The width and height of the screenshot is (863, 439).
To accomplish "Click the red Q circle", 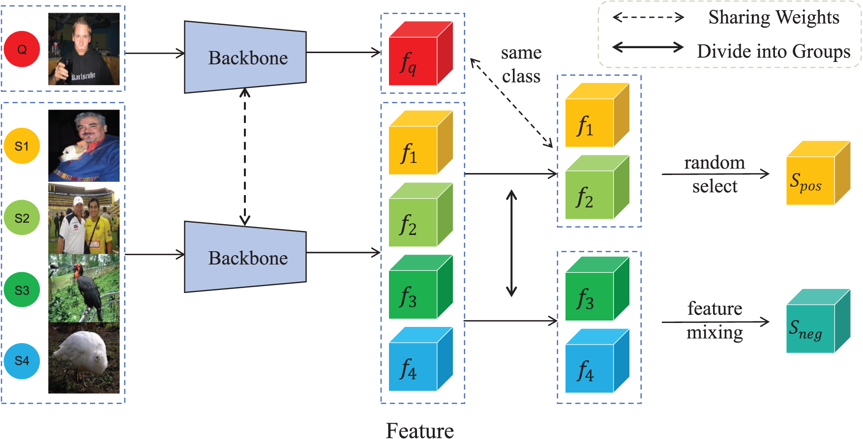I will click(22, 49).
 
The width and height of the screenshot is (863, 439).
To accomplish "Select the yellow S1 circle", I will click(22, 146).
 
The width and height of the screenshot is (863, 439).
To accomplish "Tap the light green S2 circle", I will click(22, 218).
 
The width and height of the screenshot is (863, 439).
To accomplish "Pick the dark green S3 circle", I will click(22, 290).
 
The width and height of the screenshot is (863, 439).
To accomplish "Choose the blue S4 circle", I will click(22, 361).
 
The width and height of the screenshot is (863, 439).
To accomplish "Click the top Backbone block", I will click(245, 58).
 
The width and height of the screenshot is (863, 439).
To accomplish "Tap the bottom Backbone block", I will click(245, 258).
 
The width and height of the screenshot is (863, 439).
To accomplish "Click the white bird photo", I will click(84, 358).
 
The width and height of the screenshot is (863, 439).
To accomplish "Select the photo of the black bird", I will click(84, 288).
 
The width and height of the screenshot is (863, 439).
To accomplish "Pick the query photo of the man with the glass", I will click(84, 49).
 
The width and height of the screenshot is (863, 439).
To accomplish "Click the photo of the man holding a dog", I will click(84, 146).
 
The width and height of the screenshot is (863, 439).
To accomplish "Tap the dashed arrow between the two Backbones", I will click(245, 156).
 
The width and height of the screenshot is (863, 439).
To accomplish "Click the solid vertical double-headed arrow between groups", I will click(511, 243).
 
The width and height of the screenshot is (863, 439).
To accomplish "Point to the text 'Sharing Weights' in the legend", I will click(774, 18).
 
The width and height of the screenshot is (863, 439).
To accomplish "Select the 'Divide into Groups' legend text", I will click(774, 52).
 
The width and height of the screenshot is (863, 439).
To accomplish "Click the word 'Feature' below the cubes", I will click(419, 430).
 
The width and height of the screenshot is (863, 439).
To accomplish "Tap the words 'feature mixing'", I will click(714, 321).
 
